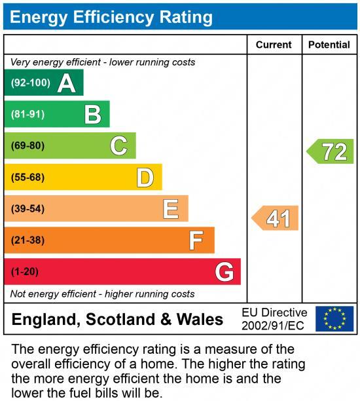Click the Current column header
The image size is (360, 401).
[274, 45]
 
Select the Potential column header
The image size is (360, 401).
[329, 45]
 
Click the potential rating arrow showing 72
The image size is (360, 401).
[331, 151]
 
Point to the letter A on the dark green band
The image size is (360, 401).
[66, 83]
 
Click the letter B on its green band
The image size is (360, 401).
[93, 115]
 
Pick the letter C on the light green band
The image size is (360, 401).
[118, 145]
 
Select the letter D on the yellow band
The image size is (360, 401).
[145, 177]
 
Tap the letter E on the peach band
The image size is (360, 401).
[171, 208]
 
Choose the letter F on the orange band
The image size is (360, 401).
[196, 240]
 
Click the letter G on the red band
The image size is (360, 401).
[224, 271]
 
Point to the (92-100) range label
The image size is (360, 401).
[30, 83]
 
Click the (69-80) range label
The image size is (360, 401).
[27, 145]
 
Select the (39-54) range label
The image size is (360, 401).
[27, 208]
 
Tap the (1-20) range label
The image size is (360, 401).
[25, 271]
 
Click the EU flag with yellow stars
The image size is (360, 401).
[334, 318]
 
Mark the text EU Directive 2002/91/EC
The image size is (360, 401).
[274, 318]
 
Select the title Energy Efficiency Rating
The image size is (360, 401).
[111, 17]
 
